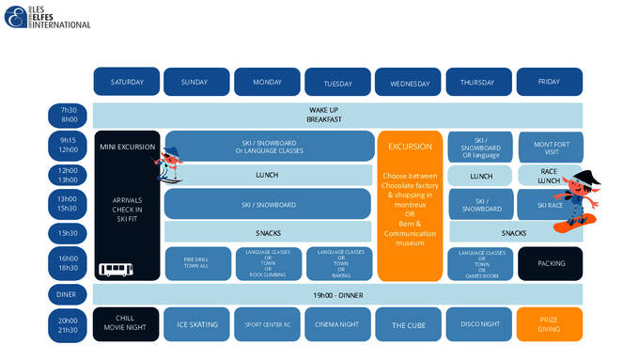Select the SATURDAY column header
(x=127, y=82)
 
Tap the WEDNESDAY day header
(x=408, y=83)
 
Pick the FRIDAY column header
(x=549, y=82)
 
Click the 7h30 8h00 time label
(x=69, y=115)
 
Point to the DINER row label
(x=69, y=294)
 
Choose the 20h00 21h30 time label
(x=69, y=324)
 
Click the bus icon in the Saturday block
(x=115, y=270)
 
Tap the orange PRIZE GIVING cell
(x=549, y=324)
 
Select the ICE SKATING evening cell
(x=197, y=324)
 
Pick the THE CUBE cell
(x=408, y=324)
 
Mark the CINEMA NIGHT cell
(x=337, y=324)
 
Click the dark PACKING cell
(x=550, y=263)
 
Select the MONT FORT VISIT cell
(x=551, y=147)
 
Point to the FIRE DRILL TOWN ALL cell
(x=197, y=263)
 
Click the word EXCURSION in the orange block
(x=409, y=147)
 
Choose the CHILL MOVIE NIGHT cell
(x=127, y=324)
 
